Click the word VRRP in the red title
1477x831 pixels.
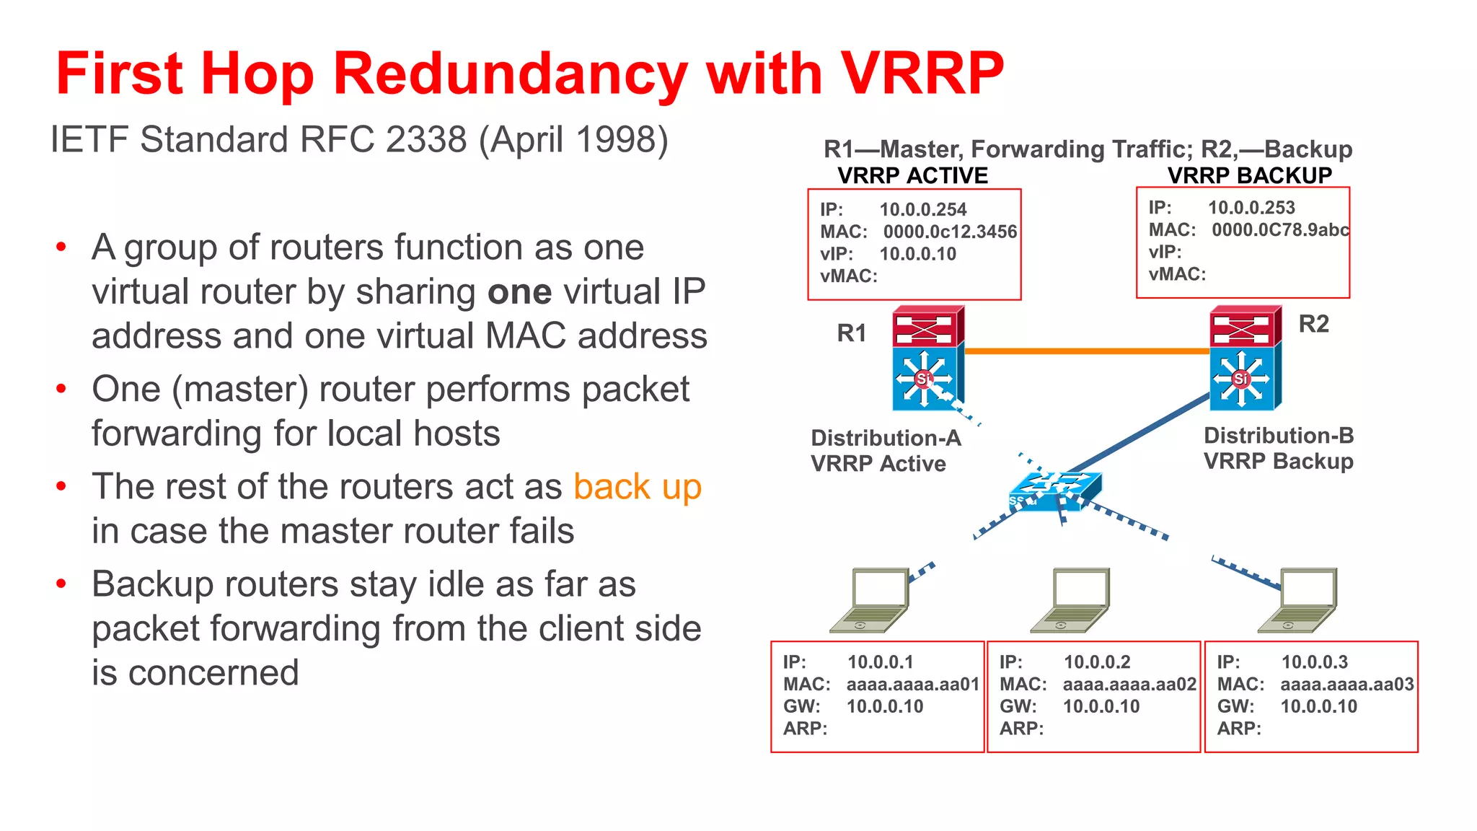point(922,74)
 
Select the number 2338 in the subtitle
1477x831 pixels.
point(426,139)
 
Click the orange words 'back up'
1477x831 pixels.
point(638,486)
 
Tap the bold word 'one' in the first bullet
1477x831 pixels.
point(519,292)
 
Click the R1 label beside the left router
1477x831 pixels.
point(851,333)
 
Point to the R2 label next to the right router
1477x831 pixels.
point(1313,324)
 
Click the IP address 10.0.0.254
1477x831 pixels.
point(922,210)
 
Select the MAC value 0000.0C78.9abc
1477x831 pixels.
point(1279,230)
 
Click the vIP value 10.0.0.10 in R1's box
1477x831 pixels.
point(917,254)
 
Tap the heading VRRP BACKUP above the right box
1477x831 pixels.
point(1249,175)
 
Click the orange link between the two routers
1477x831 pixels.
point(1086,351)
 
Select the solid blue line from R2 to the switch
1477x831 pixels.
point(1139,433)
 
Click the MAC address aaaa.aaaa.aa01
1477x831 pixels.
point(912,685)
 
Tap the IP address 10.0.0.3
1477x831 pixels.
point(1314,662)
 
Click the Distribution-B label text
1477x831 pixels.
point(1278,436)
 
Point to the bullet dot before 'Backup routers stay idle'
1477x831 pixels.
point(62,584)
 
